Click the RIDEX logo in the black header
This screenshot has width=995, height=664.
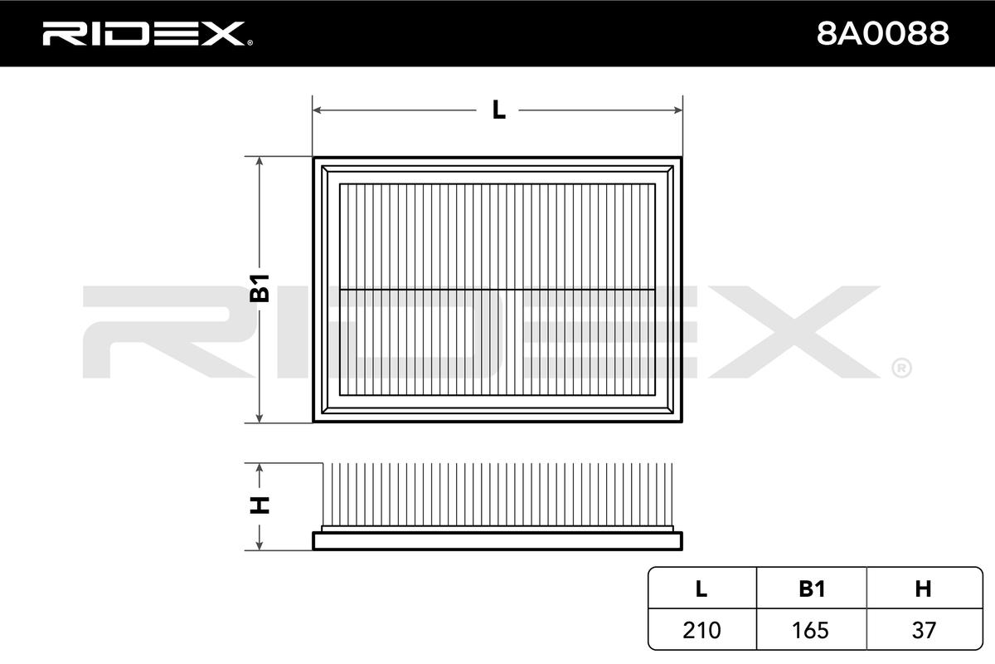coord(143,33)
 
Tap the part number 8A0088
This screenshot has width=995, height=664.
coord(882,34)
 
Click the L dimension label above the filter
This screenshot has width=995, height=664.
coord(498,110)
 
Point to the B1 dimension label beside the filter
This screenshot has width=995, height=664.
coord(260,288)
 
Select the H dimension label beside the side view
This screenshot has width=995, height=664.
coord(260,505)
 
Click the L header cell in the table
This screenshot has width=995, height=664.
coord(701,588)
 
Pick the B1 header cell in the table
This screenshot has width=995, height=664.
coord(812,588)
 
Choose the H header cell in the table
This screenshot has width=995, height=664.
coord(923,588)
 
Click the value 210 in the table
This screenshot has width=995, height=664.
coord(701,630)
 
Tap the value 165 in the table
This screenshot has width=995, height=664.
coord(811,630)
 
